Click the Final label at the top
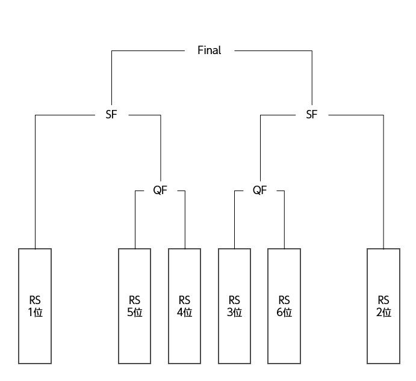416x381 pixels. pyautogui.click(x=209, y=50)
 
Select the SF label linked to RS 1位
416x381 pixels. pyautogui.click(x=111, y=115)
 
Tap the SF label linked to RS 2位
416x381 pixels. pyautogui.click(x=311, y=115)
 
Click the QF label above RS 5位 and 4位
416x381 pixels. pyautogui.click(x=160, y=190)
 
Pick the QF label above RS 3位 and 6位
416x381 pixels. pyautogui.click(x=259, y=190)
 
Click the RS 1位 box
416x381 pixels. pyautogui.click(x=35, y=306)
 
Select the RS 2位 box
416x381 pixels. pyautogui.click(x=383, y=306)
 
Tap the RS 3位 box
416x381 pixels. pyautogui.click(x=234, y=306)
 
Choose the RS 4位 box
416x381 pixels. pyautogui.click(x=184, y=306)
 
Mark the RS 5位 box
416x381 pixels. pyautogui.click(x=134, y=306)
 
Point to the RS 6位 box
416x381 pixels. pyautogui.click(x=284, y=306)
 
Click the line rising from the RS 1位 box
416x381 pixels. pyautogui.click(x=35, y=180)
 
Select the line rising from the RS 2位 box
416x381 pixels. pyautogui.click(x=383, y=180)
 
